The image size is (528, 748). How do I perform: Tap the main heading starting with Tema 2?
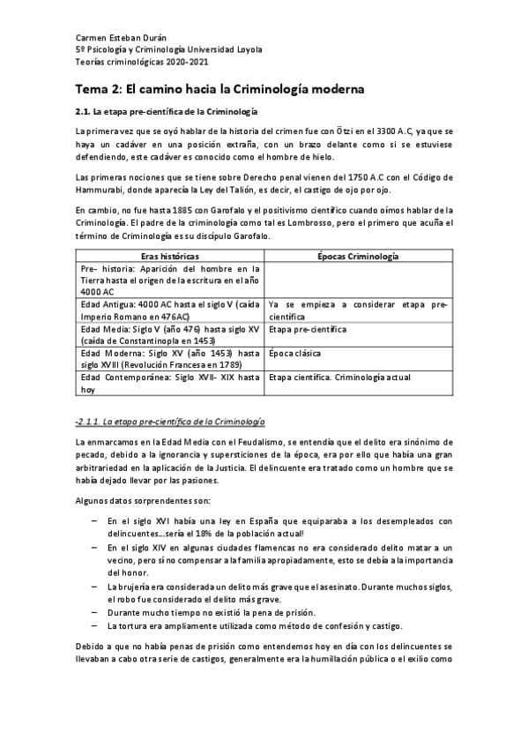pyautogui.click(x=219, y=89)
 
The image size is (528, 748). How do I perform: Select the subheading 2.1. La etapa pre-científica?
pyautogui.click(x=166, y=112)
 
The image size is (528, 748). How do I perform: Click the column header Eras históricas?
pyautogui.click(x=169, y=255)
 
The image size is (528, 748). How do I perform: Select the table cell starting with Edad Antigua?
pyautogui.click(x=169, y=310)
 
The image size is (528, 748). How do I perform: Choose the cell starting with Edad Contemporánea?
pyautogui.click(x=169, y=382)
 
